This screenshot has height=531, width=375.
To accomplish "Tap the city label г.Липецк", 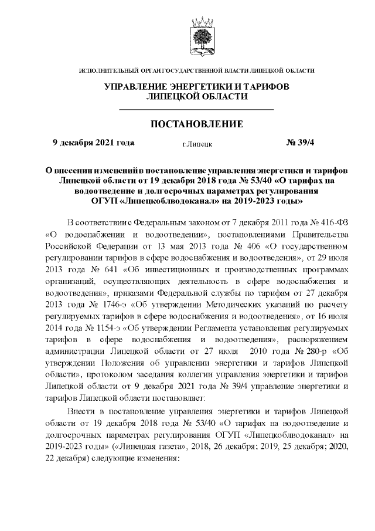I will click(197, 143).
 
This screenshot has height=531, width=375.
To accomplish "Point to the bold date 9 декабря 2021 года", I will click(93, 142).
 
